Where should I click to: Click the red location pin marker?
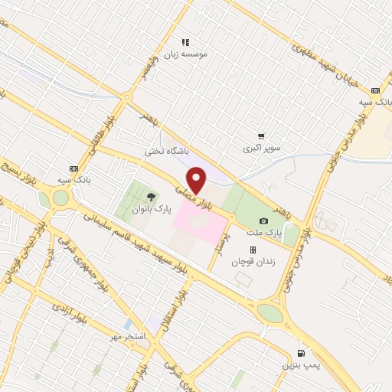(x=197, y=181)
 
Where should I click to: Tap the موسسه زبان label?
(x=185, y=54)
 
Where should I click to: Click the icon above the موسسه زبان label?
(x=185, y=42)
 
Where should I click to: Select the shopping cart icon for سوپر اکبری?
(x=262, y=135)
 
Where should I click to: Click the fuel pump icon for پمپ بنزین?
(x=300, y=353)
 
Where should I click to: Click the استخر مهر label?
(x=124, y=338)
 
